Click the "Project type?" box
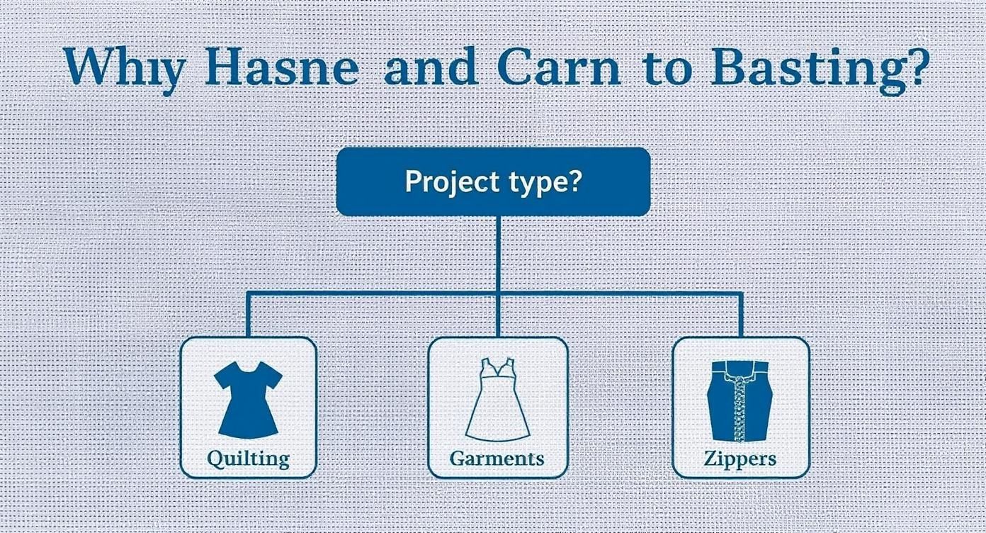(x=493, y=181)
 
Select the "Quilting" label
(x=248, y=458)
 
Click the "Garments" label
(x=497, y=457)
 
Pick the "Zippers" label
(x=740, y=458)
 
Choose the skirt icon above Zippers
(x=739, y=400)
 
